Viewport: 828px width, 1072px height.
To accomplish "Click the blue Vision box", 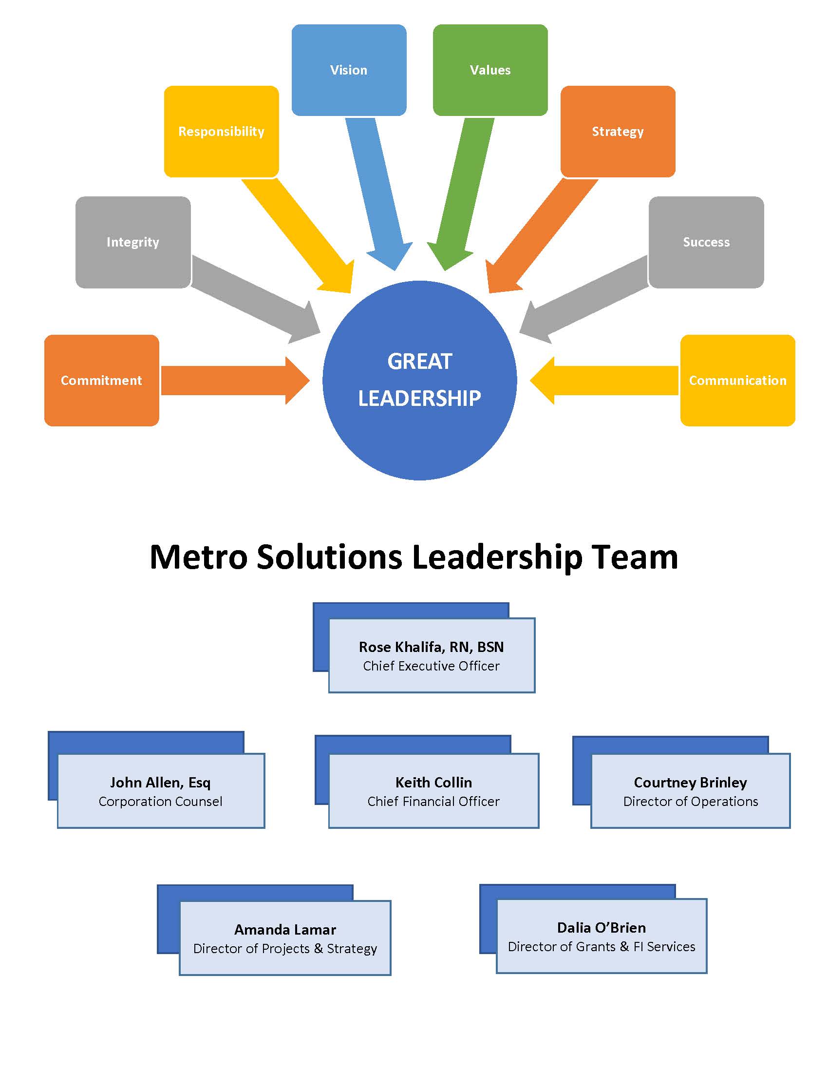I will click(x=348, y=70).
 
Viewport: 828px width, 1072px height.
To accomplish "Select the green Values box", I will click(x=490, y=70).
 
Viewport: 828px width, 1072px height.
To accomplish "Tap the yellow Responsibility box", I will click(x=221, y=131).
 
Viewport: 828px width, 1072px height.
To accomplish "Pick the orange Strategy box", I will click(x=618, y=131).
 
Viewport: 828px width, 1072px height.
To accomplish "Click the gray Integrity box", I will click(x=133, y=242).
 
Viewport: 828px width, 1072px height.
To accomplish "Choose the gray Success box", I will click(x=706, y=242).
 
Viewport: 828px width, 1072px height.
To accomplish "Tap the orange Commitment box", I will click(x=101, y=381).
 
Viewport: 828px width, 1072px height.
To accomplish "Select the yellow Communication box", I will click(x=737, y=381).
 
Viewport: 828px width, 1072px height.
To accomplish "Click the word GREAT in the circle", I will click(x=419, y=362).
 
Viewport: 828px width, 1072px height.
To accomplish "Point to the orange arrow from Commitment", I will click(x=230, y=381).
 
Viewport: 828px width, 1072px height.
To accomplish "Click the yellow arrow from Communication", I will click(x=608, y=381).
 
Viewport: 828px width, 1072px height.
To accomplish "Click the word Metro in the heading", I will click(x=198, y=557).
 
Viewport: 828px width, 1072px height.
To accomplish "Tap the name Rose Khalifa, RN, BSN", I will click(x=431, y=647).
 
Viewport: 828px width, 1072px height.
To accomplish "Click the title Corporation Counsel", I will click(x=160, y=802).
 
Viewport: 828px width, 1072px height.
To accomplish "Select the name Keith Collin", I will click(x=433, y=783).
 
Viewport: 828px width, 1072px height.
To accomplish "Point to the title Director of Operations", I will click(x=691, y=802).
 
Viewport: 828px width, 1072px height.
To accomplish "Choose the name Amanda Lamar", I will click(x=285, y=930).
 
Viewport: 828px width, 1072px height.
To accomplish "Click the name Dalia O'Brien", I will click(x=602, y=928).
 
